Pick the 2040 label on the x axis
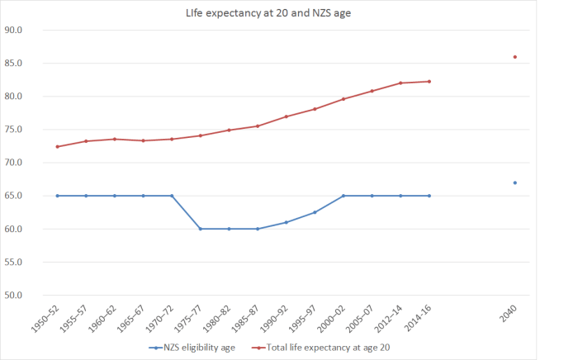(511, 312)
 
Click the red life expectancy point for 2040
(515, 57)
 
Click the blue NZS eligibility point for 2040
(515, 182)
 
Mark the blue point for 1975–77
(201, 229)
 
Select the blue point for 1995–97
(315, 212)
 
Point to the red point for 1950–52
(57, 147)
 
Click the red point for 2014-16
(429, 81)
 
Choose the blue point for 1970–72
(172, 196)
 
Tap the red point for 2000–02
(343, 99)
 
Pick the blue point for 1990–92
(287, 222)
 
